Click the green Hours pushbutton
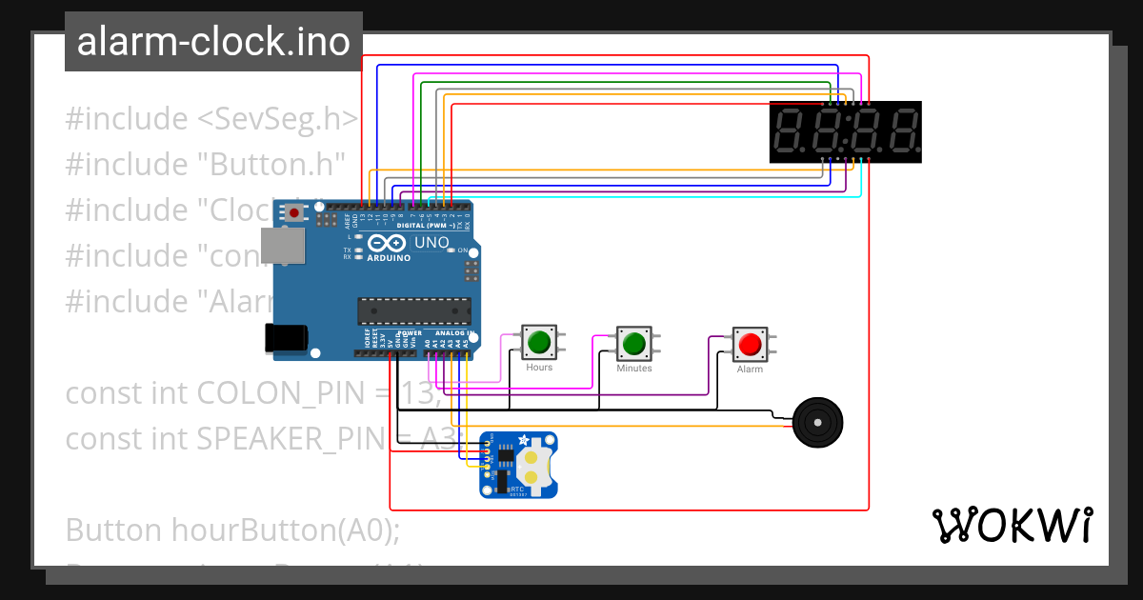point(539,341)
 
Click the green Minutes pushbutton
point(633,341)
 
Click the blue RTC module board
point(519,464)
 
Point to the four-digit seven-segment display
point(845,131)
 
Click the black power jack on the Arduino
point(285,337)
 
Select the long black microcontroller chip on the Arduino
point(414,310)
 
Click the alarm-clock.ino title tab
point(213,42)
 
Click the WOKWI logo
point(1011,525)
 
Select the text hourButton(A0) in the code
point(286,530)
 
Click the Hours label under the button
point(539,368)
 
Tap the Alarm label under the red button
point(750,370)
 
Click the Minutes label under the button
point(633,368)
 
